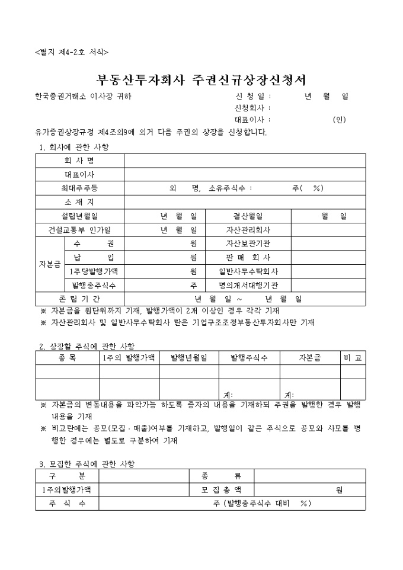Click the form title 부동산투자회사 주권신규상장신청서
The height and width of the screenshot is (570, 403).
(x=201, y=80)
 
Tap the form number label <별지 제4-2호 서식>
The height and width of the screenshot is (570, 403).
(x=72, y=52)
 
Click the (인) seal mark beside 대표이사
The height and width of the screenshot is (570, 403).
(x=340, y=120)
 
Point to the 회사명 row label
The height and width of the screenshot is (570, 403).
(x=79, y=161)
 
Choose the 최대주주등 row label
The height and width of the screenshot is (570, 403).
(x=79, y=188)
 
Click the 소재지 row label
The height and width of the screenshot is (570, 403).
(x=79, y=202)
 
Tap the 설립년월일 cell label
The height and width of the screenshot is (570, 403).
(x=79, y=216)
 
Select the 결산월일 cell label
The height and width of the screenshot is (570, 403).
(x=248, y=216)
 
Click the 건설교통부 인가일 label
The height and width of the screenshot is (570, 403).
(x=79, y=230)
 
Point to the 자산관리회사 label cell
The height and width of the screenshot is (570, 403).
(x=248, y=230)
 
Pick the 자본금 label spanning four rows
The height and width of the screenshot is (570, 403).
(x=49, y=264)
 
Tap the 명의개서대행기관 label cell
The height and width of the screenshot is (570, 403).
(x=248, y=285)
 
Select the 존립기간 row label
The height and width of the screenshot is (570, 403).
(x=79, y=299)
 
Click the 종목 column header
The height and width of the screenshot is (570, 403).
(x=67, y=358)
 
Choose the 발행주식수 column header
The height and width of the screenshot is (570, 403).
(x=249, y=358)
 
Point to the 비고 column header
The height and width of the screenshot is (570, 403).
(x=353, y=358)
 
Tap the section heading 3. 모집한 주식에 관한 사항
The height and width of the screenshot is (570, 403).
(x=87, y=463)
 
